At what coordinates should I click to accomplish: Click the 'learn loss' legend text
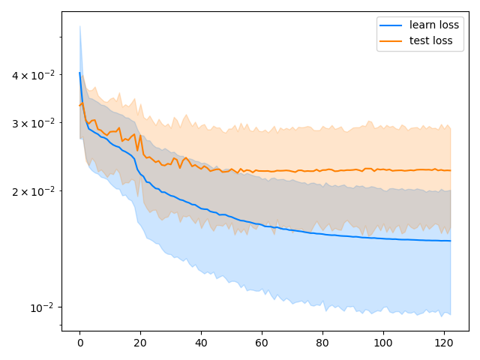[434, 25]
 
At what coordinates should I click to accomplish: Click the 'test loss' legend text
[430, 41]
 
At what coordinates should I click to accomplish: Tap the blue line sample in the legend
[391, 25]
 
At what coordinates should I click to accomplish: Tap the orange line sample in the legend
[391, 41]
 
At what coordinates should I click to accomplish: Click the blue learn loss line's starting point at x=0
[79, 73]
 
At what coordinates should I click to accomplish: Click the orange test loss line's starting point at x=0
[79, 106]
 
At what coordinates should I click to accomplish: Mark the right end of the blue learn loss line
[451, 241]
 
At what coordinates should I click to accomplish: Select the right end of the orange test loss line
[451, 170]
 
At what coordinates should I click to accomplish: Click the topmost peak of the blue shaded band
[79, 26]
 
